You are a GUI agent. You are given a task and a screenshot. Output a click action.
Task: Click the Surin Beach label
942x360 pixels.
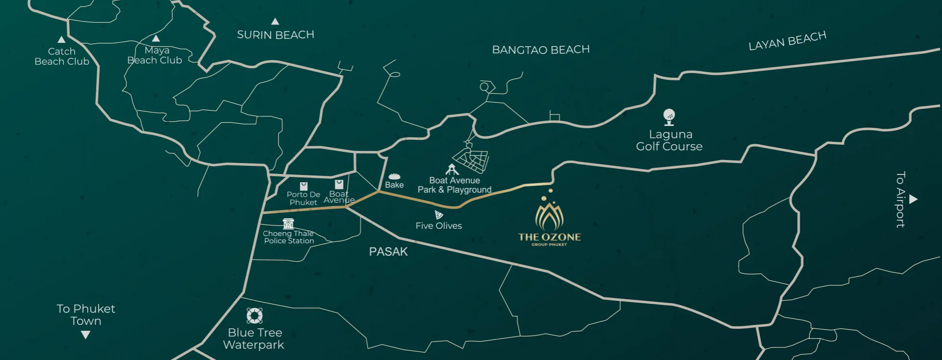click(275, 35)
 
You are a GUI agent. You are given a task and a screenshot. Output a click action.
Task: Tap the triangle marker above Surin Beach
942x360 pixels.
click(275, 22)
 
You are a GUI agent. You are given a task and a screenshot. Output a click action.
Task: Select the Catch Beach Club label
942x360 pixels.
click(62, 56)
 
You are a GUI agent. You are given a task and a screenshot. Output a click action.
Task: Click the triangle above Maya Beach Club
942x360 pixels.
click(156, 38)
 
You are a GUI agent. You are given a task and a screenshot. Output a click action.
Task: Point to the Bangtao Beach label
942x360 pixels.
click(541, 50)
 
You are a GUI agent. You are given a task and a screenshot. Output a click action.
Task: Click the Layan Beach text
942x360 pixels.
click(787, 41)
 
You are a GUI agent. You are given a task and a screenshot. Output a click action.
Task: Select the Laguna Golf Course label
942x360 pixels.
click(669, 140)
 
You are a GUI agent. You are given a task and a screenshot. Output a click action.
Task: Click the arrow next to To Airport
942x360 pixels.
click(913, 199)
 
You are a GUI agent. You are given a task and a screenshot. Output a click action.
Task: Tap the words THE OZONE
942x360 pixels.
click(549, 237)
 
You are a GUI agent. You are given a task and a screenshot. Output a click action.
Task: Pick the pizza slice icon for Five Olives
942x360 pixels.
click(438, 214)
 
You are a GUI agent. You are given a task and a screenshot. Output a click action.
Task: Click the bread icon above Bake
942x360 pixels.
click(394, 176)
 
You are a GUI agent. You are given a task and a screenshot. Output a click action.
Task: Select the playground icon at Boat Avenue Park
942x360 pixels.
click(452, 169)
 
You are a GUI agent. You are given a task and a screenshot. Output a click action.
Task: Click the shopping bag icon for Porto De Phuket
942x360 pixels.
click(303, 186)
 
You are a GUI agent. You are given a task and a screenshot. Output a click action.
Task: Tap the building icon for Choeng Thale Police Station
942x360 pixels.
click(288, 223)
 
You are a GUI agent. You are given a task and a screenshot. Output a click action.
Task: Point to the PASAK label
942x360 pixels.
click(388, 251)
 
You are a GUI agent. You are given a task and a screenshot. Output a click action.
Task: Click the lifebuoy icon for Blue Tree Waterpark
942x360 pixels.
click(254, 316)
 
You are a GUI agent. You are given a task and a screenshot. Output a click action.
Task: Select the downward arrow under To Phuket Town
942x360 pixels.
click(86, 335)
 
